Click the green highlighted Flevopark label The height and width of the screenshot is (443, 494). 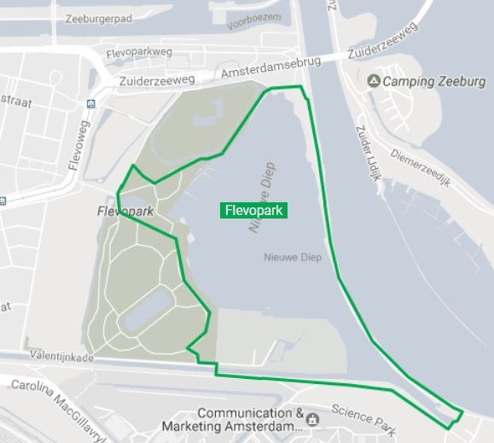point(253,210)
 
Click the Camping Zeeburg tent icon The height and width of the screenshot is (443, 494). point(374,81)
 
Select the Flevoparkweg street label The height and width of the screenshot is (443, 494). point(139,52)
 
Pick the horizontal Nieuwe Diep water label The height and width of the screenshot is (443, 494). point(292,258)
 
